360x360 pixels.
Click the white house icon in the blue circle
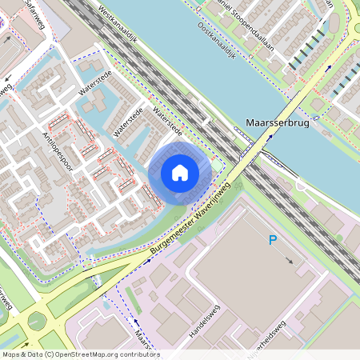coord(180,172)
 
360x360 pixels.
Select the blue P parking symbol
coord(273,239)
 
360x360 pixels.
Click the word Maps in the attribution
coord(11,354)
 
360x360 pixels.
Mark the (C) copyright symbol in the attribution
coord(50,354)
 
